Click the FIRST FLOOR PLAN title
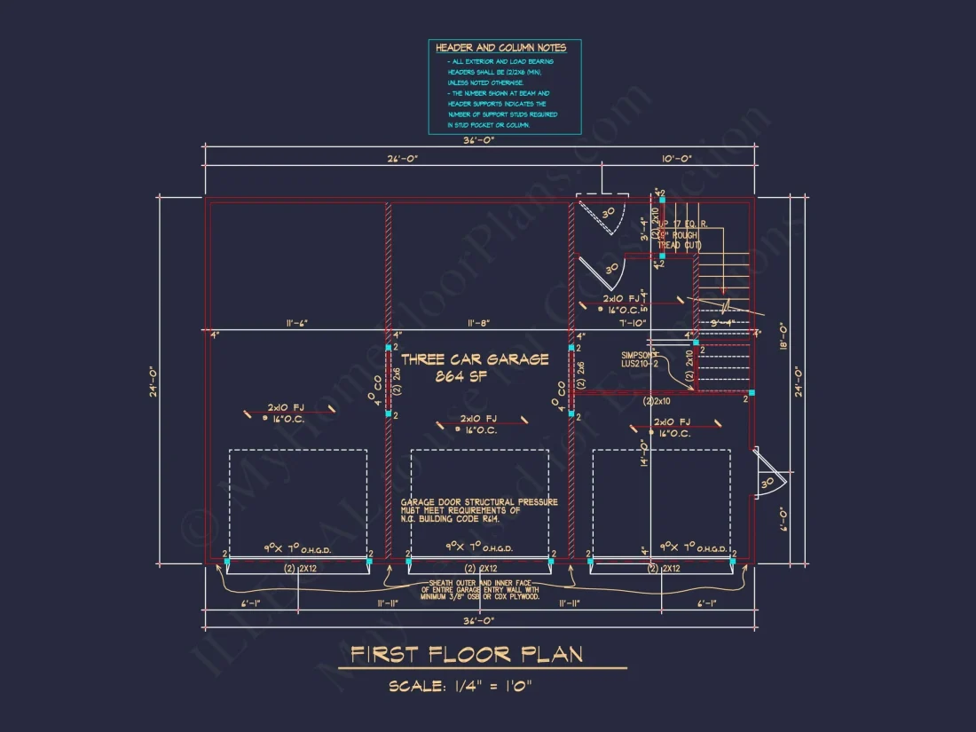(466, 655)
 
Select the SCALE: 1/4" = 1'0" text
(460, 686)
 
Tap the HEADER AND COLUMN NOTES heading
(500, 48)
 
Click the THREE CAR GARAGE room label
(475, 359)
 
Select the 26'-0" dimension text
(403, 158)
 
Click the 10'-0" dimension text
(676, 158)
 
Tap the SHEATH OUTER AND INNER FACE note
(480, 589)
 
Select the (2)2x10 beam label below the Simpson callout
(661, 401)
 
